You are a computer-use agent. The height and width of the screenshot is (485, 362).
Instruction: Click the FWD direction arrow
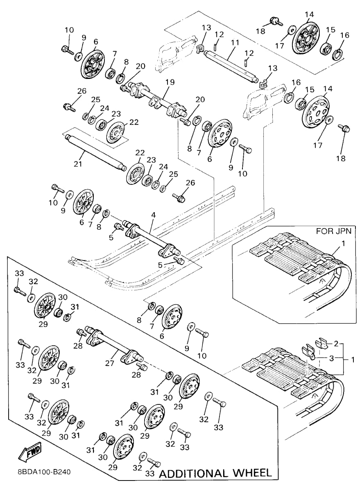(30, 452)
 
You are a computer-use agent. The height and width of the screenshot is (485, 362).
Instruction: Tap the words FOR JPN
(333, 231)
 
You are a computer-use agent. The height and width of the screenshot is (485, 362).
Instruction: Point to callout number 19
(170, 82)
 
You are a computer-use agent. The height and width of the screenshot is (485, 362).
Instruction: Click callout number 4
(153, 215)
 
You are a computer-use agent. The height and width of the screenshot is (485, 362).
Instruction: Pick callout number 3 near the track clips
(331, 358)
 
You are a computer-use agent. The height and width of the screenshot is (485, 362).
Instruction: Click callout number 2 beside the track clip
(336, 344)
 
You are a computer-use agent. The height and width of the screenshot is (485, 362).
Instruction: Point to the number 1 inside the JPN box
(343, 244)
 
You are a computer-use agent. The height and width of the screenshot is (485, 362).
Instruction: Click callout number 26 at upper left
(82, 91)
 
